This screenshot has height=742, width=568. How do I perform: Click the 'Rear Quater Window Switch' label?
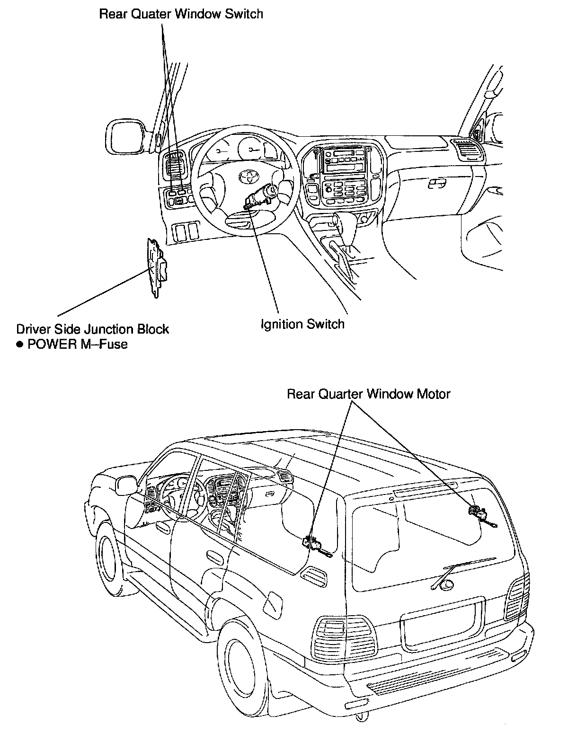pos(181,14)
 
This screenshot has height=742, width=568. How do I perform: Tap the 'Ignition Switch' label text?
pos(302,324)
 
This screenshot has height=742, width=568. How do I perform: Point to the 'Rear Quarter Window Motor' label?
pos(369,394)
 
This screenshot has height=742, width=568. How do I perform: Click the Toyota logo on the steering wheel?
pos(247,176)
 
